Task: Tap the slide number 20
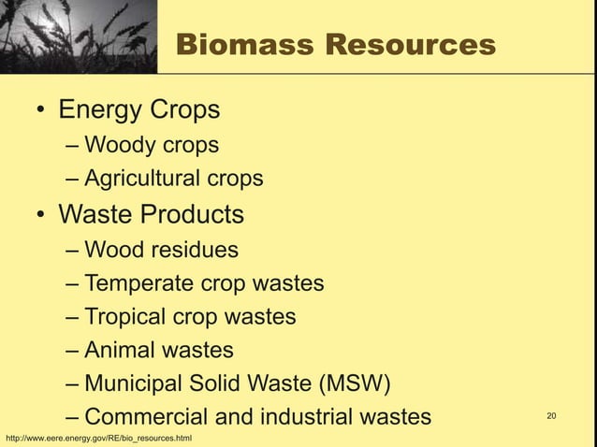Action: pyautogui.click(x=551, y=415)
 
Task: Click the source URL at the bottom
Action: pyautogui.click(x=99, y=438)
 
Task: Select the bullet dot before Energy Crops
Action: pyautogui.click(x=41, y=113)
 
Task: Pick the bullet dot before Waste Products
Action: pyautogui.click(x=41, y=217)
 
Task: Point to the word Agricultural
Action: pyautogui.click(x=141, y=178)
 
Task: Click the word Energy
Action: pyautogui.click(x=98, y=111)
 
